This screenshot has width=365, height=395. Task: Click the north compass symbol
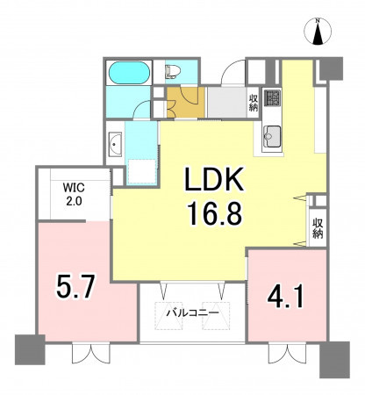(x=318, y=32)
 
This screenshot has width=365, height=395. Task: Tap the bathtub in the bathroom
(x=129, y=73)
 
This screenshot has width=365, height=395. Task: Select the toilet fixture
(x=173, y=72)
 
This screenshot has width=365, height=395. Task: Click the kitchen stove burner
(x=272, y=97)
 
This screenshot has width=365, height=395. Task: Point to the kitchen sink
(x=272, y=137)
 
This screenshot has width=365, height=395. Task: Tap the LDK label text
(x=214, y=179)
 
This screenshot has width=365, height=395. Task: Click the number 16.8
(x=214, y=213)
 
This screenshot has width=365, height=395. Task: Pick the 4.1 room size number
(x=286, y=298)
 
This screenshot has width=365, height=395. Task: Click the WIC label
(x=74, y=187)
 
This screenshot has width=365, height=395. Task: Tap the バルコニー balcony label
(x=193, y=313)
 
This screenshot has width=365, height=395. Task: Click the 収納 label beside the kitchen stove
(x=254, y=103)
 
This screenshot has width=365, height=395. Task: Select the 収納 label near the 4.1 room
(x=318, y=228)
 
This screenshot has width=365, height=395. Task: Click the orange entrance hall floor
(x=185, y=102)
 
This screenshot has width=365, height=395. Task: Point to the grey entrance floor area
(x=227, y=102)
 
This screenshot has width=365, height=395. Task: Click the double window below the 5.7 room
(x=91, y=354)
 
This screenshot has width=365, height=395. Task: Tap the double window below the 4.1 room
(x=287, y=354)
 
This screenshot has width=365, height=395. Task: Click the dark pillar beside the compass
(x=331, y=68)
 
